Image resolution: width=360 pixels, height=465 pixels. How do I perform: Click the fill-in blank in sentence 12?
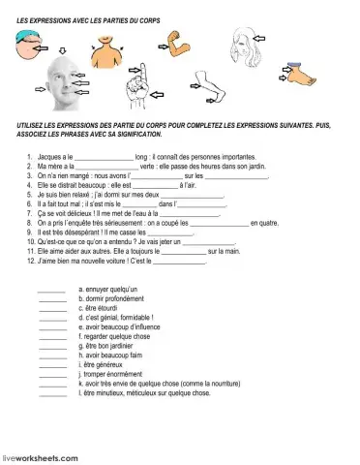click(179, 261)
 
